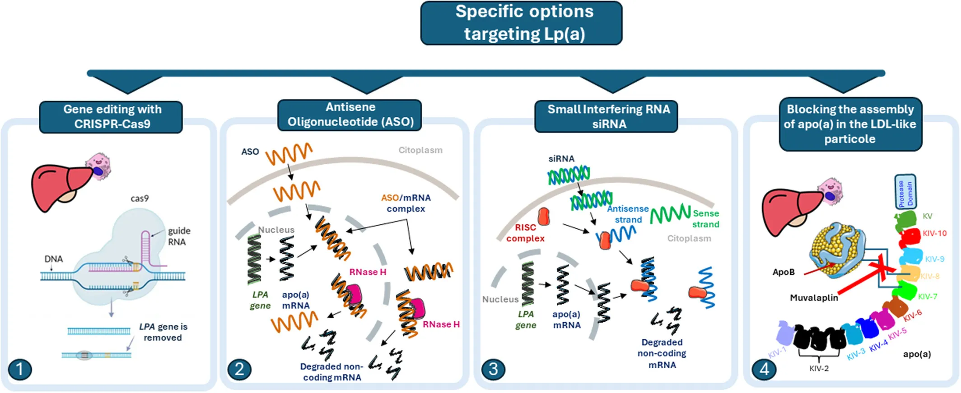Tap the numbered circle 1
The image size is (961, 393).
pyautogui.click(x=20, y=369)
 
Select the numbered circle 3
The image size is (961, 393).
pyautogui.click(x=493, y=369)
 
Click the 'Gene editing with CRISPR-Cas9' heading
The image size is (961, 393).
pyautogui.click(x=112, y=117)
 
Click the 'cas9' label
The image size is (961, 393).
pyautogui.click(x=140, y=199)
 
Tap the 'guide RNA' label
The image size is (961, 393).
pyautogui.click(x=179, y=236)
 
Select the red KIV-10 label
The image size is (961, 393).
pyautogui.click(x=934, y=233)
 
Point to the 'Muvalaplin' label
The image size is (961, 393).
pyautogui.click(x=814, y=298)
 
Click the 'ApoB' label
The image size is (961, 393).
pyautogui.click(x=783, y=272)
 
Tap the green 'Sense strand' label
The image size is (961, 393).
pyautogui.click(x=705, y=219)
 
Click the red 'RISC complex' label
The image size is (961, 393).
pyautogui.click(x=525, y=233)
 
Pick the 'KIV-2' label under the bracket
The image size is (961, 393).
pyautogui.click(x=819, y=369)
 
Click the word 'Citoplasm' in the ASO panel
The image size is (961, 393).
pyautogui.click(x=420, y=150)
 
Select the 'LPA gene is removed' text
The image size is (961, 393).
pyautogui.click(x=163, y=332)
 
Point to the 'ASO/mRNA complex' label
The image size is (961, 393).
pyautogui.click(x=406, y=203)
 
